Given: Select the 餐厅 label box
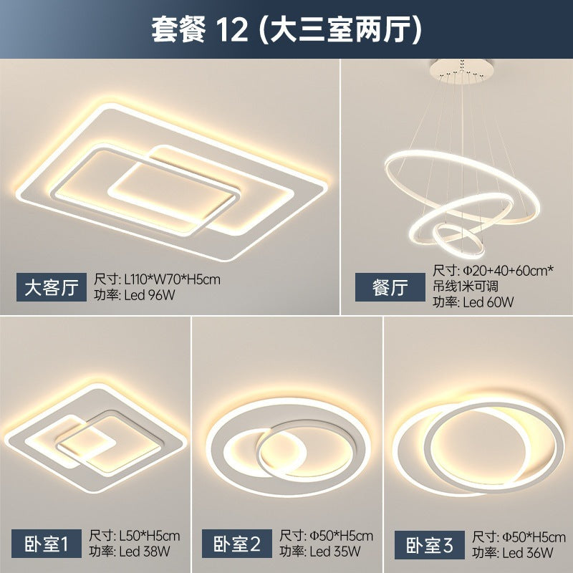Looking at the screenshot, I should [390, 289].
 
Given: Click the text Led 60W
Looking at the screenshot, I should [490, 302].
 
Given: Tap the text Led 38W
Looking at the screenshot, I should [148, 552].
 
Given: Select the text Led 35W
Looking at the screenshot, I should [337, 552].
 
